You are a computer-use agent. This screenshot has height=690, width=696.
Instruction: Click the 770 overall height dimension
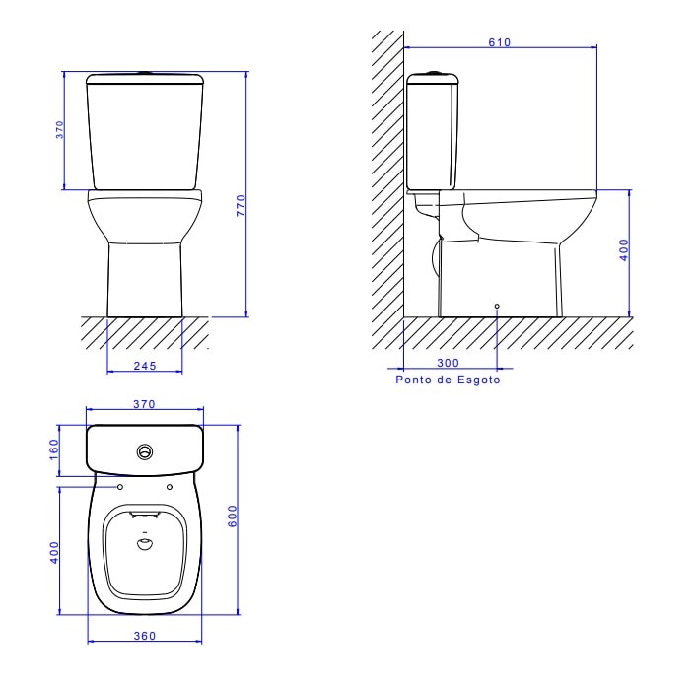[240, 205]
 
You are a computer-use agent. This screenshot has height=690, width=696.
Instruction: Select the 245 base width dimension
[145, 365]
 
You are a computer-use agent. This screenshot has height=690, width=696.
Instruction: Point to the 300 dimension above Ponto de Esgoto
[447, 363]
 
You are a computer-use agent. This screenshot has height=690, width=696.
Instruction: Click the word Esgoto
[477, 379]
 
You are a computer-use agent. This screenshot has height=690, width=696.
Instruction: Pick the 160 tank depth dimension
[54, 448]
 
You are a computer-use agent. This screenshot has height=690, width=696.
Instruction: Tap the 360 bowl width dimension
[145, 636]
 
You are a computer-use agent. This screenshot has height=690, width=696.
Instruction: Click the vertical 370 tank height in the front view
[59, 130]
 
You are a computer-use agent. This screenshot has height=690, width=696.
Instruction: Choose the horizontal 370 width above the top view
[145, 404]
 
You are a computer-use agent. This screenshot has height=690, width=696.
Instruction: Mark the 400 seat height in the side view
[624, 249]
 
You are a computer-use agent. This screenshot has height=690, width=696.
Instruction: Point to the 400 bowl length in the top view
[55, 551]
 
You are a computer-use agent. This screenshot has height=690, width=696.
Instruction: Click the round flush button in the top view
[146, 452]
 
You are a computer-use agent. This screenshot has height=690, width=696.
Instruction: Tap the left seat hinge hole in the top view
[121, 487]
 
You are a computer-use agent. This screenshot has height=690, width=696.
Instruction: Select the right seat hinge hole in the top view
[170, 487]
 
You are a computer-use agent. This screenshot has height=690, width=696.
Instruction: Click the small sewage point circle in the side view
[496, 307]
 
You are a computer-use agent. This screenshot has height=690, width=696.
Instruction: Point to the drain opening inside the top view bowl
[145, 543]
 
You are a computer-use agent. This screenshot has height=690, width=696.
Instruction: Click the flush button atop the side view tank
[431, 72]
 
